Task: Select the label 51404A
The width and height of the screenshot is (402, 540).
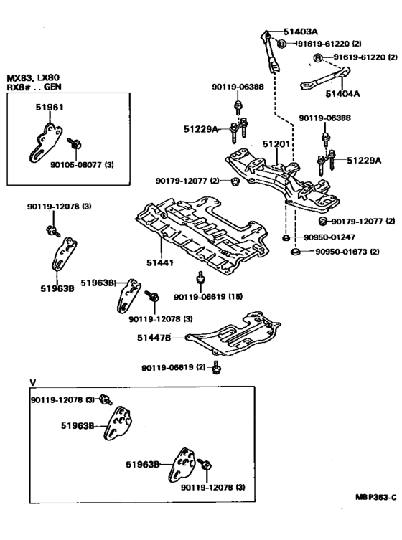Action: point(343,93)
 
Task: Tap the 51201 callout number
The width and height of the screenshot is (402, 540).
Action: point(276,144)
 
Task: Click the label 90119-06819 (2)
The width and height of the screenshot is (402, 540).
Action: point(171,367)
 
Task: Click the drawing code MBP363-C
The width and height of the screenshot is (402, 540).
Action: point(375,496)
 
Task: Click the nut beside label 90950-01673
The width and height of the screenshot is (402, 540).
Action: point(294,252)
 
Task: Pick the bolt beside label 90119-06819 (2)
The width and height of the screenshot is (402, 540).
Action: point(218,368)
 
